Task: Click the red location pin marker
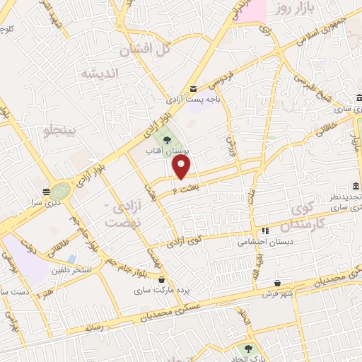[182, 167]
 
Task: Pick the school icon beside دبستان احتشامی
[265, 230]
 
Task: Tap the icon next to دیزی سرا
[45, 191]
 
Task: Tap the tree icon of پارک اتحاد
[248, 348]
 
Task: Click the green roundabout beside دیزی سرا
[60, 192]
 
